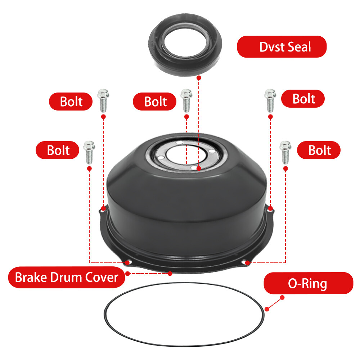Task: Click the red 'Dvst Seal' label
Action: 282,46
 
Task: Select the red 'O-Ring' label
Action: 308,283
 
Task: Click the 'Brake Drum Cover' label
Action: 66,277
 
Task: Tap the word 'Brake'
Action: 30,277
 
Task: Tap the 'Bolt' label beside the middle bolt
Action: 155,102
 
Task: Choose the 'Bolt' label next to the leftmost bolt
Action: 58,150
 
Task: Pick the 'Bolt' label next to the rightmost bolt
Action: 319,150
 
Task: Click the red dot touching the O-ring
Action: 267,309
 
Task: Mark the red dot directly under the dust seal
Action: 199,77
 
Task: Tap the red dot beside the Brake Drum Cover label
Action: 170,274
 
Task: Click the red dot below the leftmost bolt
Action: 89,168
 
